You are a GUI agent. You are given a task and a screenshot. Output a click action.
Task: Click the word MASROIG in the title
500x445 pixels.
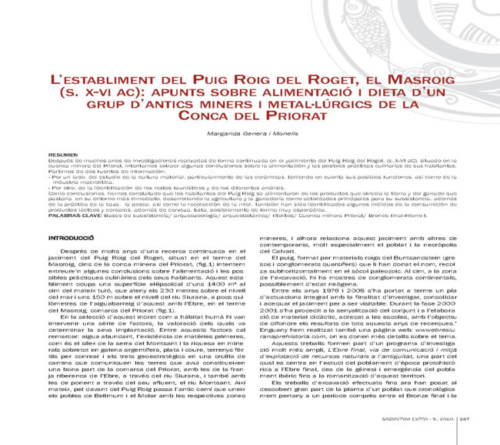[x=415, y=80]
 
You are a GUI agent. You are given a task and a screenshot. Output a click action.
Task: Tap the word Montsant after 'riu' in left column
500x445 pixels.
[x=218, y=380]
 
